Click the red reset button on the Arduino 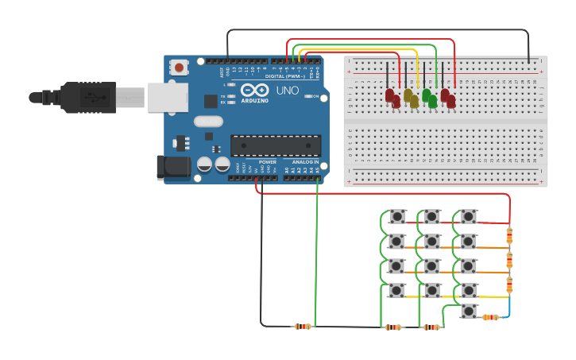click(x=179, y=68)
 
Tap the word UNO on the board click(x=288, y=91)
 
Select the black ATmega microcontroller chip click(x=276, y=145)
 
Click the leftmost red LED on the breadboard click(x=391, y=98)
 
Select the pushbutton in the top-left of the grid click(x=396, y=216)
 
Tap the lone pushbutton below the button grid click(x=469, y=311)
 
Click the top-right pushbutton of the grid click(x=469, y=216)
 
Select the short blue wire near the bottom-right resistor click(x=506, y=308)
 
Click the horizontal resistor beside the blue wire click(x=490, y=317)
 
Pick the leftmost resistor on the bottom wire click(x=303, y=326)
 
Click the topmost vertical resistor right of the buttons click(x=510, y=235)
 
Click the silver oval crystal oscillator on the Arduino click(x=207, y=122)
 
